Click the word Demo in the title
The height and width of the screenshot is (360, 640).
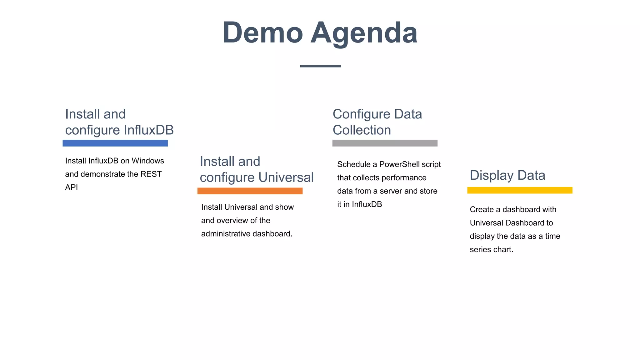[262, 33]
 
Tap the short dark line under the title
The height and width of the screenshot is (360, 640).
[320, 66]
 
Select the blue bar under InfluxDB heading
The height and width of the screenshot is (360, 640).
[115, 143]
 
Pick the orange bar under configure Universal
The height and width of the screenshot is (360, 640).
[250, 191]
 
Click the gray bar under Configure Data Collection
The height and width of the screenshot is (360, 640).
[385, 143]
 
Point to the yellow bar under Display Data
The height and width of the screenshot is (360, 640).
[520, 190]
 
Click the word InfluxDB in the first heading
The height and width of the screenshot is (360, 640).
[149, 130]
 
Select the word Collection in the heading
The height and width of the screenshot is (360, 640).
[362, 130]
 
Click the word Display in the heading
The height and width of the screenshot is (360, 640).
[492, 175]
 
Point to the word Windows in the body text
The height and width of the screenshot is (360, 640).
[148, 161]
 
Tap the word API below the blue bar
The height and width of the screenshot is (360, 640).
[71, 187]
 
